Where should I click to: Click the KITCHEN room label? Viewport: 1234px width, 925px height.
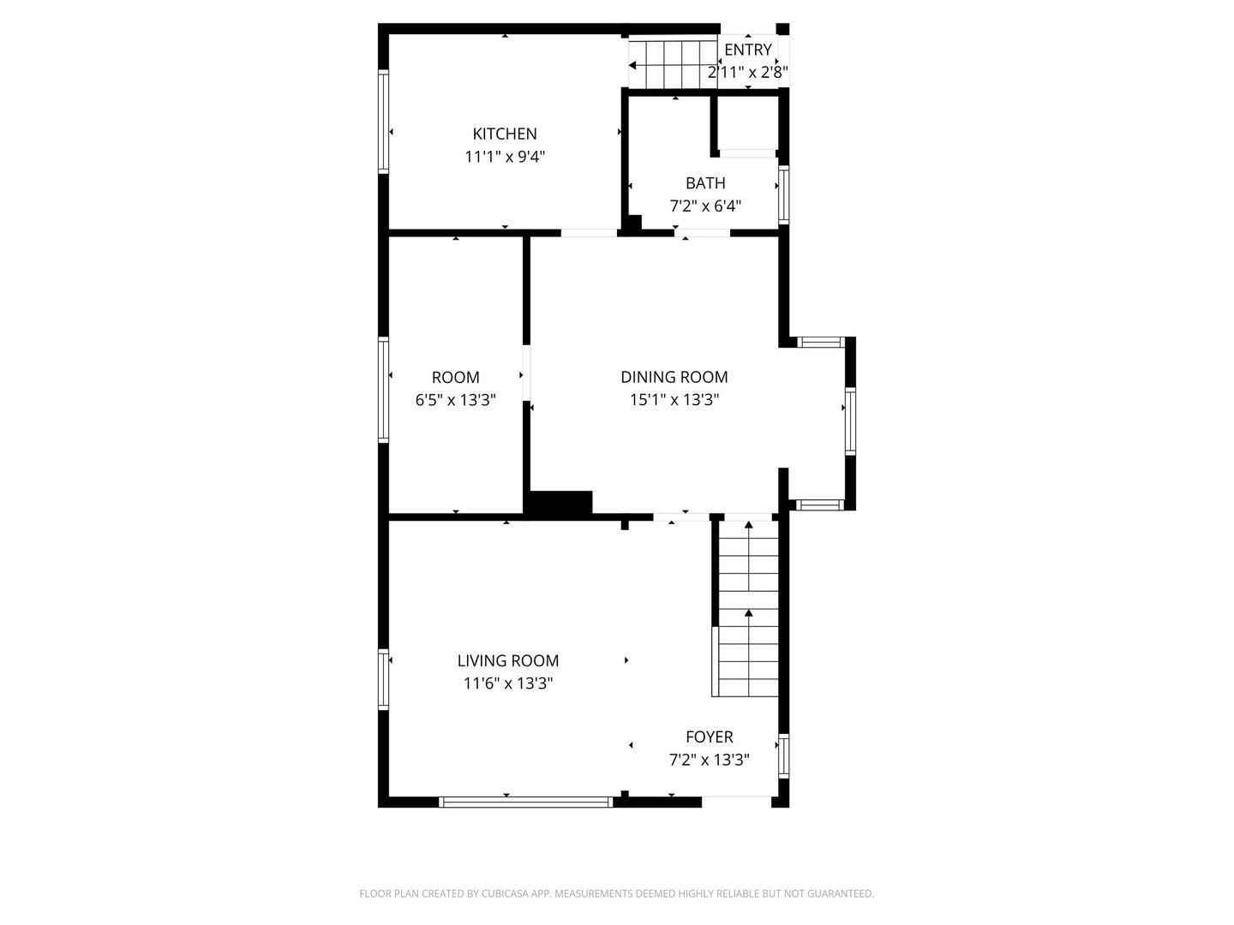coord(505,134)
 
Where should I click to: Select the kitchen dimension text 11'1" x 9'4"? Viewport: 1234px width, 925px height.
coord(505,157)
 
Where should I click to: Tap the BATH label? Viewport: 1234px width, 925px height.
coord(704,182)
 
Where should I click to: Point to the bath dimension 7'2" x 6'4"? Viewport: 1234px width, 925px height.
coord(704,206)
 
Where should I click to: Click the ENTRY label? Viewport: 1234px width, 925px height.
coord(747,50)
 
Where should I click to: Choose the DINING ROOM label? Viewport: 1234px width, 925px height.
coord(674,377)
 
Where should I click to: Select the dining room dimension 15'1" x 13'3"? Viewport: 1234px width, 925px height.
coord(674,400)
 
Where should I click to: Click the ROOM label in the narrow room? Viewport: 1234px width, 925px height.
coord(455,377)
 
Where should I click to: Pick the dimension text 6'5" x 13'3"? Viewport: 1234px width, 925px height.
coord(455,400)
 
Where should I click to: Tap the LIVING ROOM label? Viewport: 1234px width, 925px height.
coord(507,660)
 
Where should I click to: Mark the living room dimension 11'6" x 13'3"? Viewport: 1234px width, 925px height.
coord(507,683)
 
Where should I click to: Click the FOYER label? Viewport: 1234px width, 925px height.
coord(709,737)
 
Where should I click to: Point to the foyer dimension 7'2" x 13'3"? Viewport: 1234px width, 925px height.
coord(709,760)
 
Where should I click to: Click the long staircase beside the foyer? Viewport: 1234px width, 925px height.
coord(748,608)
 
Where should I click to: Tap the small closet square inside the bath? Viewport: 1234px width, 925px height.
coord(746,124)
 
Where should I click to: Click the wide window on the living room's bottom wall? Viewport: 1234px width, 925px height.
coord(525,803)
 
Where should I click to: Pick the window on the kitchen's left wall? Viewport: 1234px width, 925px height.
coord(384,122)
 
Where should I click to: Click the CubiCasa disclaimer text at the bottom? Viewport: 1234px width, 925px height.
coord(616,893)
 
